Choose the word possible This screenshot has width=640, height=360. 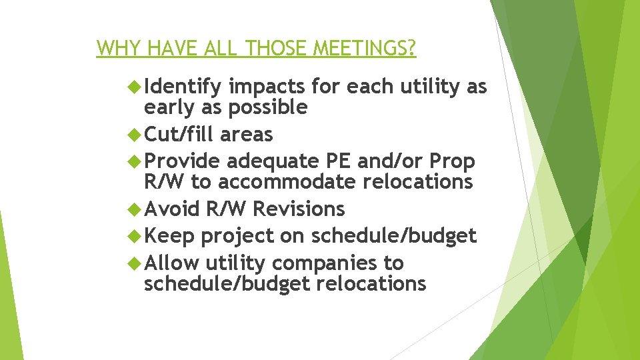point(268,107)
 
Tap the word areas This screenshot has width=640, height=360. point(246,134)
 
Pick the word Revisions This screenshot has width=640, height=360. point(299,209)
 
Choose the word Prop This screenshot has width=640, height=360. point(452,161)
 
